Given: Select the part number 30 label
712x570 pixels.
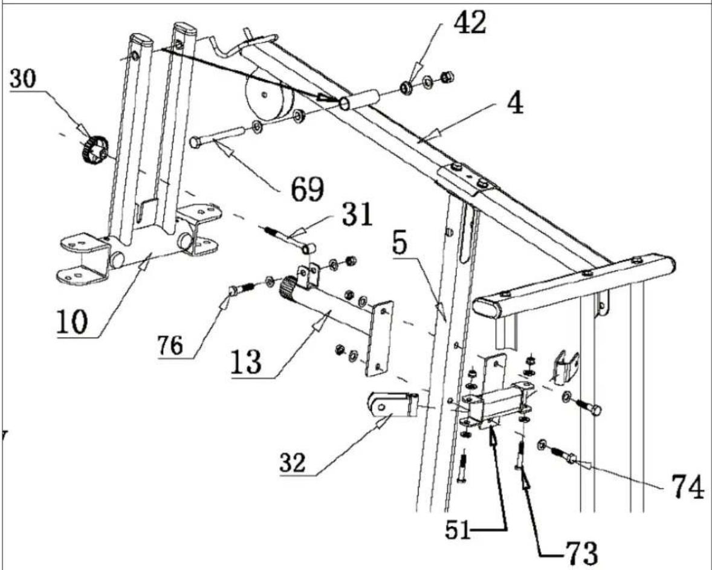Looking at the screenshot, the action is tap(23, 79).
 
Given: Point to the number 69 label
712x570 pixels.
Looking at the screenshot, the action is tap(307, 189).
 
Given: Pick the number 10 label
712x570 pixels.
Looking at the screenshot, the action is tap(72, 322).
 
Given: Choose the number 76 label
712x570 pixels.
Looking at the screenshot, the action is tap(170, 346).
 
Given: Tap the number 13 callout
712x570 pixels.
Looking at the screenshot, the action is tap(246, 362).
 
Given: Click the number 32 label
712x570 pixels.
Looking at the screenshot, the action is tap(293, 463).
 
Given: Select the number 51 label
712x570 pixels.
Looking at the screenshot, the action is tap(458, 530).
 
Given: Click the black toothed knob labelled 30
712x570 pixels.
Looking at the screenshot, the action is tap(94, 151).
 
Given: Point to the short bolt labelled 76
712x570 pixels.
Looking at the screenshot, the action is tap(241, 288).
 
